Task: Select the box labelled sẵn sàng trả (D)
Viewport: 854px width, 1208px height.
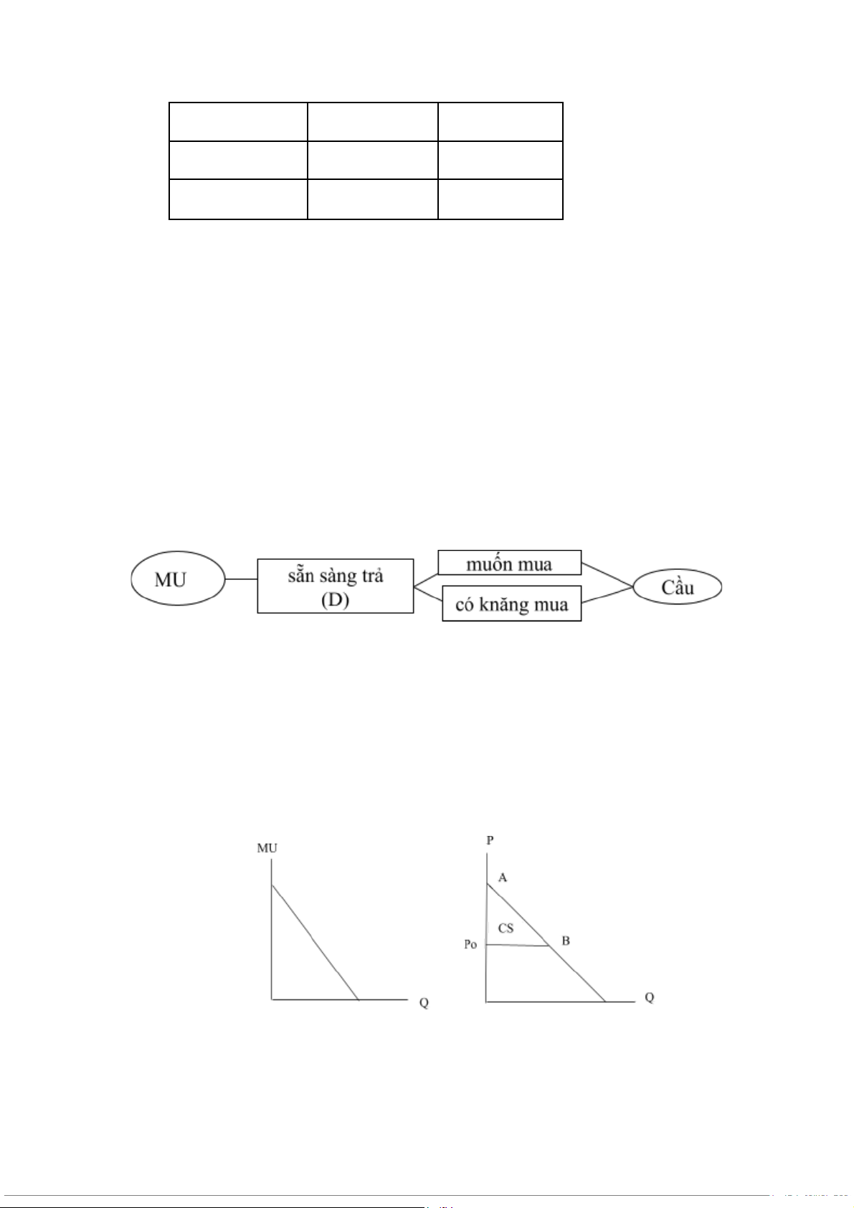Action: [335, 586]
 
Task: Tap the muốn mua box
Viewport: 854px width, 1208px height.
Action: [509, 563]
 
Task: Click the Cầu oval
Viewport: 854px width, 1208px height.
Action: [678, 587]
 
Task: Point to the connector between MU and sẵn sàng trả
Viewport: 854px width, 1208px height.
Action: [241, 579]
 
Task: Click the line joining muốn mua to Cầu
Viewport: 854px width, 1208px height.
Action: [607, 575]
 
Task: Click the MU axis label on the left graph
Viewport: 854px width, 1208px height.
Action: [267, 848]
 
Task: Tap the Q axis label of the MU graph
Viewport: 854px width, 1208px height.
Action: [424, 1002]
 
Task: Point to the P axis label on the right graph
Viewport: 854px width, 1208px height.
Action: [490, 840]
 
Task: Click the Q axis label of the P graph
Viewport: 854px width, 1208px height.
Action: [649, 997]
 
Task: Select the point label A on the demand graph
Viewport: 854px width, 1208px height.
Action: [503, 878]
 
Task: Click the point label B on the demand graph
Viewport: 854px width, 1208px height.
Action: [566, 941]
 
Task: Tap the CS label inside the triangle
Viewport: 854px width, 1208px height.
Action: [506, 928]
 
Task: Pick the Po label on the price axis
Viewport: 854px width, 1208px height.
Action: [470, 945]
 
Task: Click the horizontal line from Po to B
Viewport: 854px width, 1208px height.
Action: [518, 946]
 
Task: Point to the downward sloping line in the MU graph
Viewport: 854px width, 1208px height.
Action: [315, 942]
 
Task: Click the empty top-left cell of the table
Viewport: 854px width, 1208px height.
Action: [238, 121]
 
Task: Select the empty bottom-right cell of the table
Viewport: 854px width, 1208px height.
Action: [500, 199]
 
